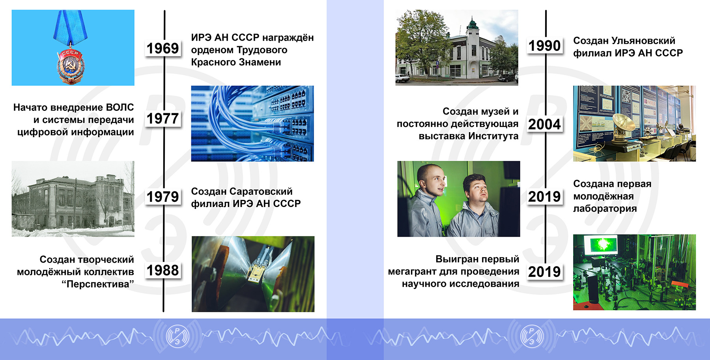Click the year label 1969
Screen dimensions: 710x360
pos(163,48)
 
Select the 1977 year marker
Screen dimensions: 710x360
pos(163,119)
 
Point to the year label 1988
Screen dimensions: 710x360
pos(163,270)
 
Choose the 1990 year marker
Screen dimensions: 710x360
pos(545,46)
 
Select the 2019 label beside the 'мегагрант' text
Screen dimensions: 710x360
pos(545,272)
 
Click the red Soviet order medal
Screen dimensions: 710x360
pos(70,65)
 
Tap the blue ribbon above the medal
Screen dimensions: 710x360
pos(70,26)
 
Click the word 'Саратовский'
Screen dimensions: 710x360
pos(262,192)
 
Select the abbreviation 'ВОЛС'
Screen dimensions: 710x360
pos(120,107)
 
